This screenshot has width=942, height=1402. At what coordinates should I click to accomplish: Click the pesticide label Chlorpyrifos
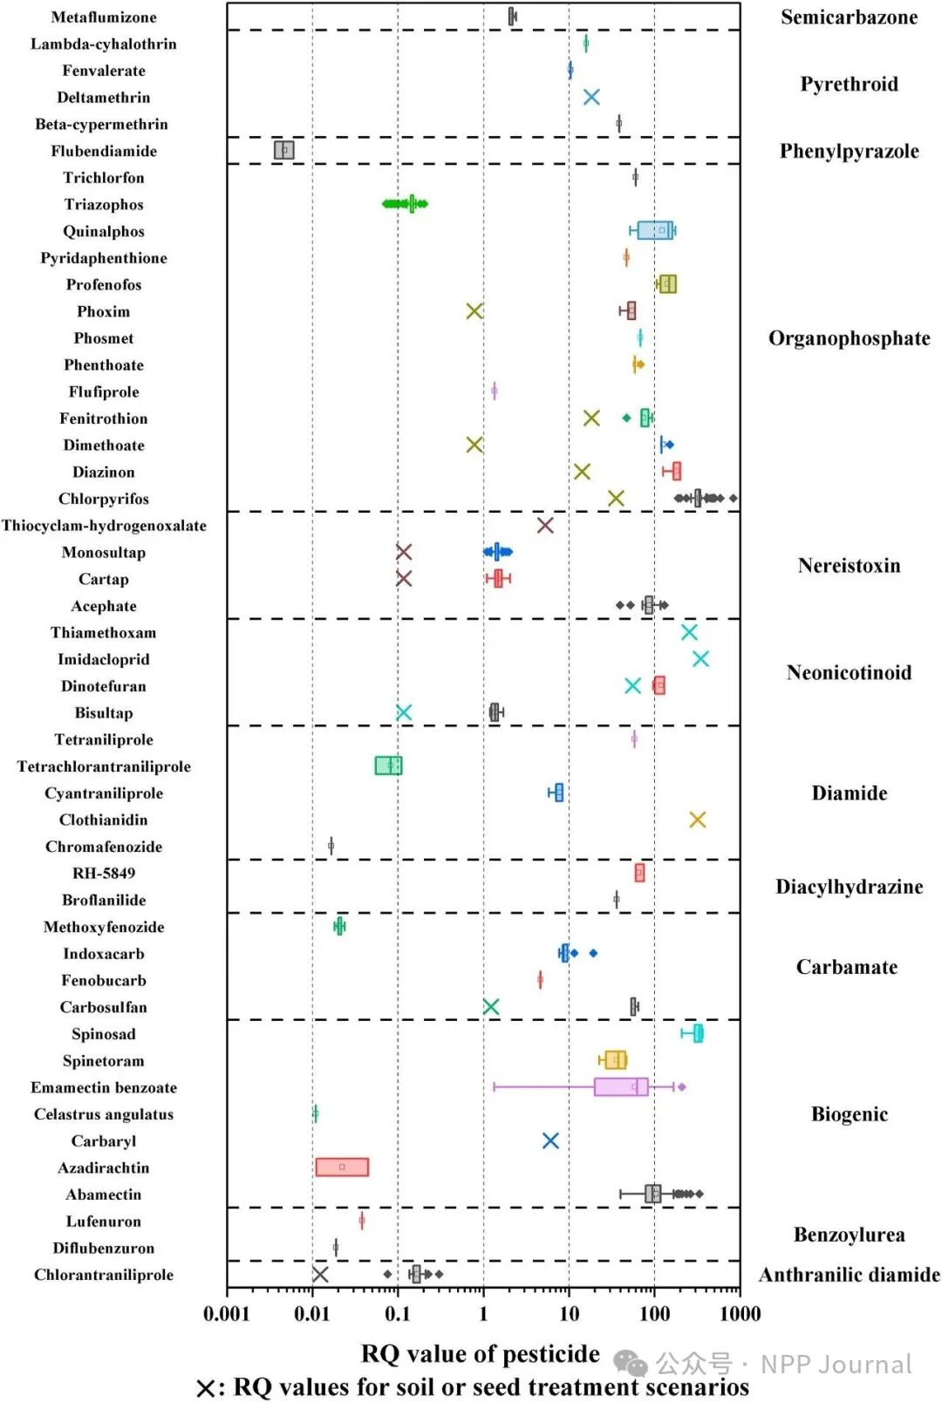coord(104,499)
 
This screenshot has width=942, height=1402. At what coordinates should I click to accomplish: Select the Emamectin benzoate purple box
coord(621,1086)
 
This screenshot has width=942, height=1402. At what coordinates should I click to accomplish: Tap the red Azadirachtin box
coord(342,1167)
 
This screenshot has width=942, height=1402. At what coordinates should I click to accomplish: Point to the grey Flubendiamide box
coord(284,150)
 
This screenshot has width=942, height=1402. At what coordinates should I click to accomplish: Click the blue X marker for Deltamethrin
coord(591,97)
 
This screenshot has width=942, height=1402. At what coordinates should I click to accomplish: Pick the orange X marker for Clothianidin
coord(697,820)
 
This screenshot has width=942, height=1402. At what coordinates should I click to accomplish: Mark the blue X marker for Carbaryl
coord(550,1140)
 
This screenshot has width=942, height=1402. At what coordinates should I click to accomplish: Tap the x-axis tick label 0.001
coord(227,1314)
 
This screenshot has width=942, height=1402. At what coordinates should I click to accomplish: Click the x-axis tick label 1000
coord(740,1314)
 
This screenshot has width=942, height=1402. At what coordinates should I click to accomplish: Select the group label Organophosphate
coord(849,338)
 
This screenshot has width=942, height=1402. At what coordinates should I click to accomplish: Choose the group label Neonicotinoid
coord(849,672)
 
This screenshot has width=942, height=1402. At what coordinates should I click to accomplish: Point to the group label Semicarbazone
coord(849,17)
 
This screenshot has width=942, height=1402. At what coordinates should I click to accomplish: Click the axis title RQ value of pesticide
coord(481,1353)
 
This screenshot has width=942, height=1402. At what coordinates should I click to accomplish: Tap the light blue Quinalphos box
coord(655,230)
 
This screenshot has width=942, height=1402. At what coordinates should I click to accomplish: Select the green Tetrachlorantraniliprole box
coord(388,766)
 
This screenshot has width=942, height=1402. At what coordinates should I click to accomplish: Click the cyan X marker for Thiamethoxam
coord(689,632)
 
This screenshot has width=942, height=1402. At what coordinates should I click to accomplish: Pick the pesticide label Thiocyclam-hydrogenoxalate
coord(104,526)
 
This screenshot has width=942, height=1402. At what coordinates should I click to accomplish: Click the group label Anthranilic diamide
coord(849,1275)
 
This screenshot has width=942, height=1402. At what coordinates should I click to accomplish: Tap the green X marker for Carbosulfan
coord(491,1007)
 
